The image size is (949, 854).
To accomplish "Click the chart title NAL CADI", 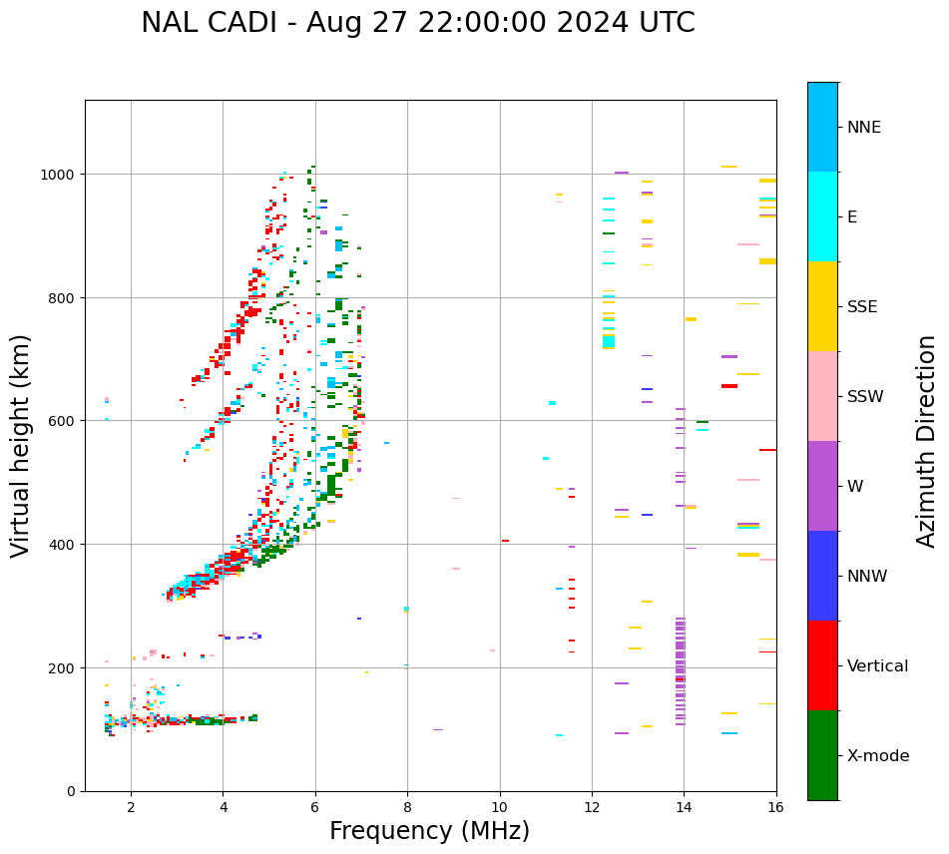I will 417,23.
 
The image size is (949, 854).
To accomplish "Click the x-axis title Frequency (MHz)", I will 429,831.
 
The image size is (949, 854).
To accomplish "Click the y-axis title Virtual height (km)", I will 21,445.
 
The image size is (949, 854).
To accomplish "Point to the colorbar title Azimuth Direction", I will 927,441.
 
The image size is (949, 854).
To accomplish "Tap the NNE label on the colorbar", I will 864,127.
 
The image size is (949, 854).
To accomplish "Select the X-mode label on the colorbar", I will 878,756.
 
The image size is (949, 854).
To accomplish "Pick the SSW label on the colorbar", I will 865,397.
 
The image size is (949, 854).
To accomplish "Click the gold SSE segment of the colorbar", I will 822,306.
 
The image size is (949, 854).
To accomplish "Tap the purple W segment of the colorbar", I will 822,486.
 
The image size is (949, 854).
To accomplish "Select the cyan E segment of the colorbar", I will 822,216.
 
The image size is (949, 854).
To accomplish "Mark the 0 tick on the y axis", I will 73,791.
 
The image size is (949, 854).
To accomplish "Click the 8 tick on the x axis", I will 407,808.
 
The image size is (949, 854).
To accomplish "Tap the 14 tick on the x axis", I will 684,808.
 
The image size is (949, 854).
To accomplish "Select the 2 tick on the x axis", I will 131,808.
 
